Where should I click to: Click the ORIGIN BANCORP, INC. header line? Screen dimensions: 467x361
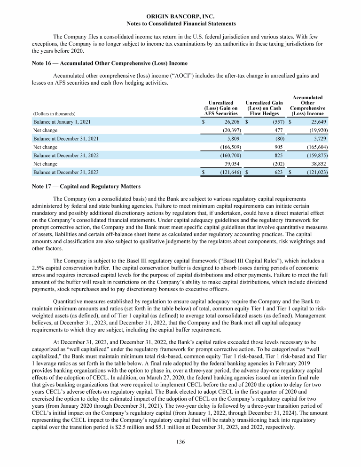click(180, 16)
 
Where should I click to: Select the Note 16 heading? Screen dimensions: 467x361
click(110, 63)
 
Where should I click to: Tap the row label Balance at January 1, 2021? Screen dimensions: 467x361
click(62, 122)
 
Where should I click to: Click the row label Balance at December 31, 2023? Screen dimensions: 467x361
click(64, 173)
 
